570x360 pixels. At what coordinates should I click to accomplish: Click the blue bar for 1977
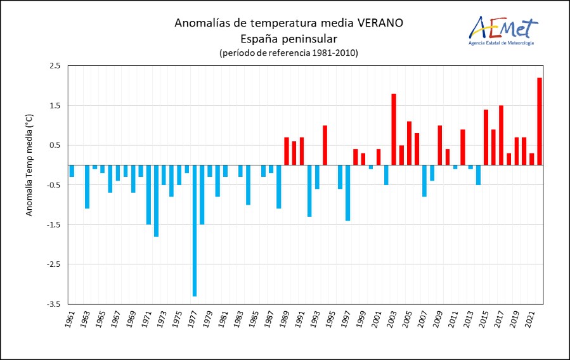pos(195,231)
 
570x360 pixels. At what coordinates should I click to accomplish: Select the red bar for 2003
pos(394,129)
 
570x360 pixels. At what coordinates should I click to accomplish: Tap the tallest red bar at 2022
pos(540,121)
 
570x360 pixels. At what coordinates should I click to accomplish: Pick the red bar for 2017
pos(502,135)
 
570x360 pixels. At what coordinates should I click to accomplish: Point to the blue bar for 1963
pos(87,187)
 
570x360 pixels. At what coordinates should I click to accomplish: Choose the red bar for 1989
pos(287,151)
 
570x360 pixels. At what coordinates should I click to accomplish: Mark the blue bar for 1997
pos(348,193)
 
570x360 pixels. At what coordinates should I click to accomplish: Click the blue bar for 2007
pos(425,181)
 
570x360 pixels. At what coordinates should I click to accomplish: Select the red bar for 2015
pos(486,138)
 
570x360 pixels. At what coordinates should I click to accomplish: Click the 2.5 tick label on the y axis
pos(55,66)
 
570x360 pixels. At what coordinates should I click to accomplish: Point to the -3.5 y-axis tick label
pos(54,304)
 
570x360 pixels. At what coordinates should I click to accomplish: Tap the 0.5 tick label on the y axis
pos(55,145)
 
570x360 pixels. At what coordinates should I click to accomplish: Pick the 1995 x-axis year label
pos(330,319)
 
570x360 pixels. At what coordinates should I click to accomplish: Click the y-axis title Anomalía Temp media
pos(29,165)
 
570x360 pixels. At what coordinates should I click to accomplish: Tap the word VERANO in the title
pos(380,23)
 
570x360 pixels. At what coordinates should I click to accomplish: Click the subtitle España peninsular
pos(289,39)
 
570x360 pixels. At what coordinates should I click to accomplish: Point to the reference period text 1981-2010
pos(334,53)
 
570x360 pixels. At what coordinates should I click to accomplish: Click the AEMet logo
pos(503,30)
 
